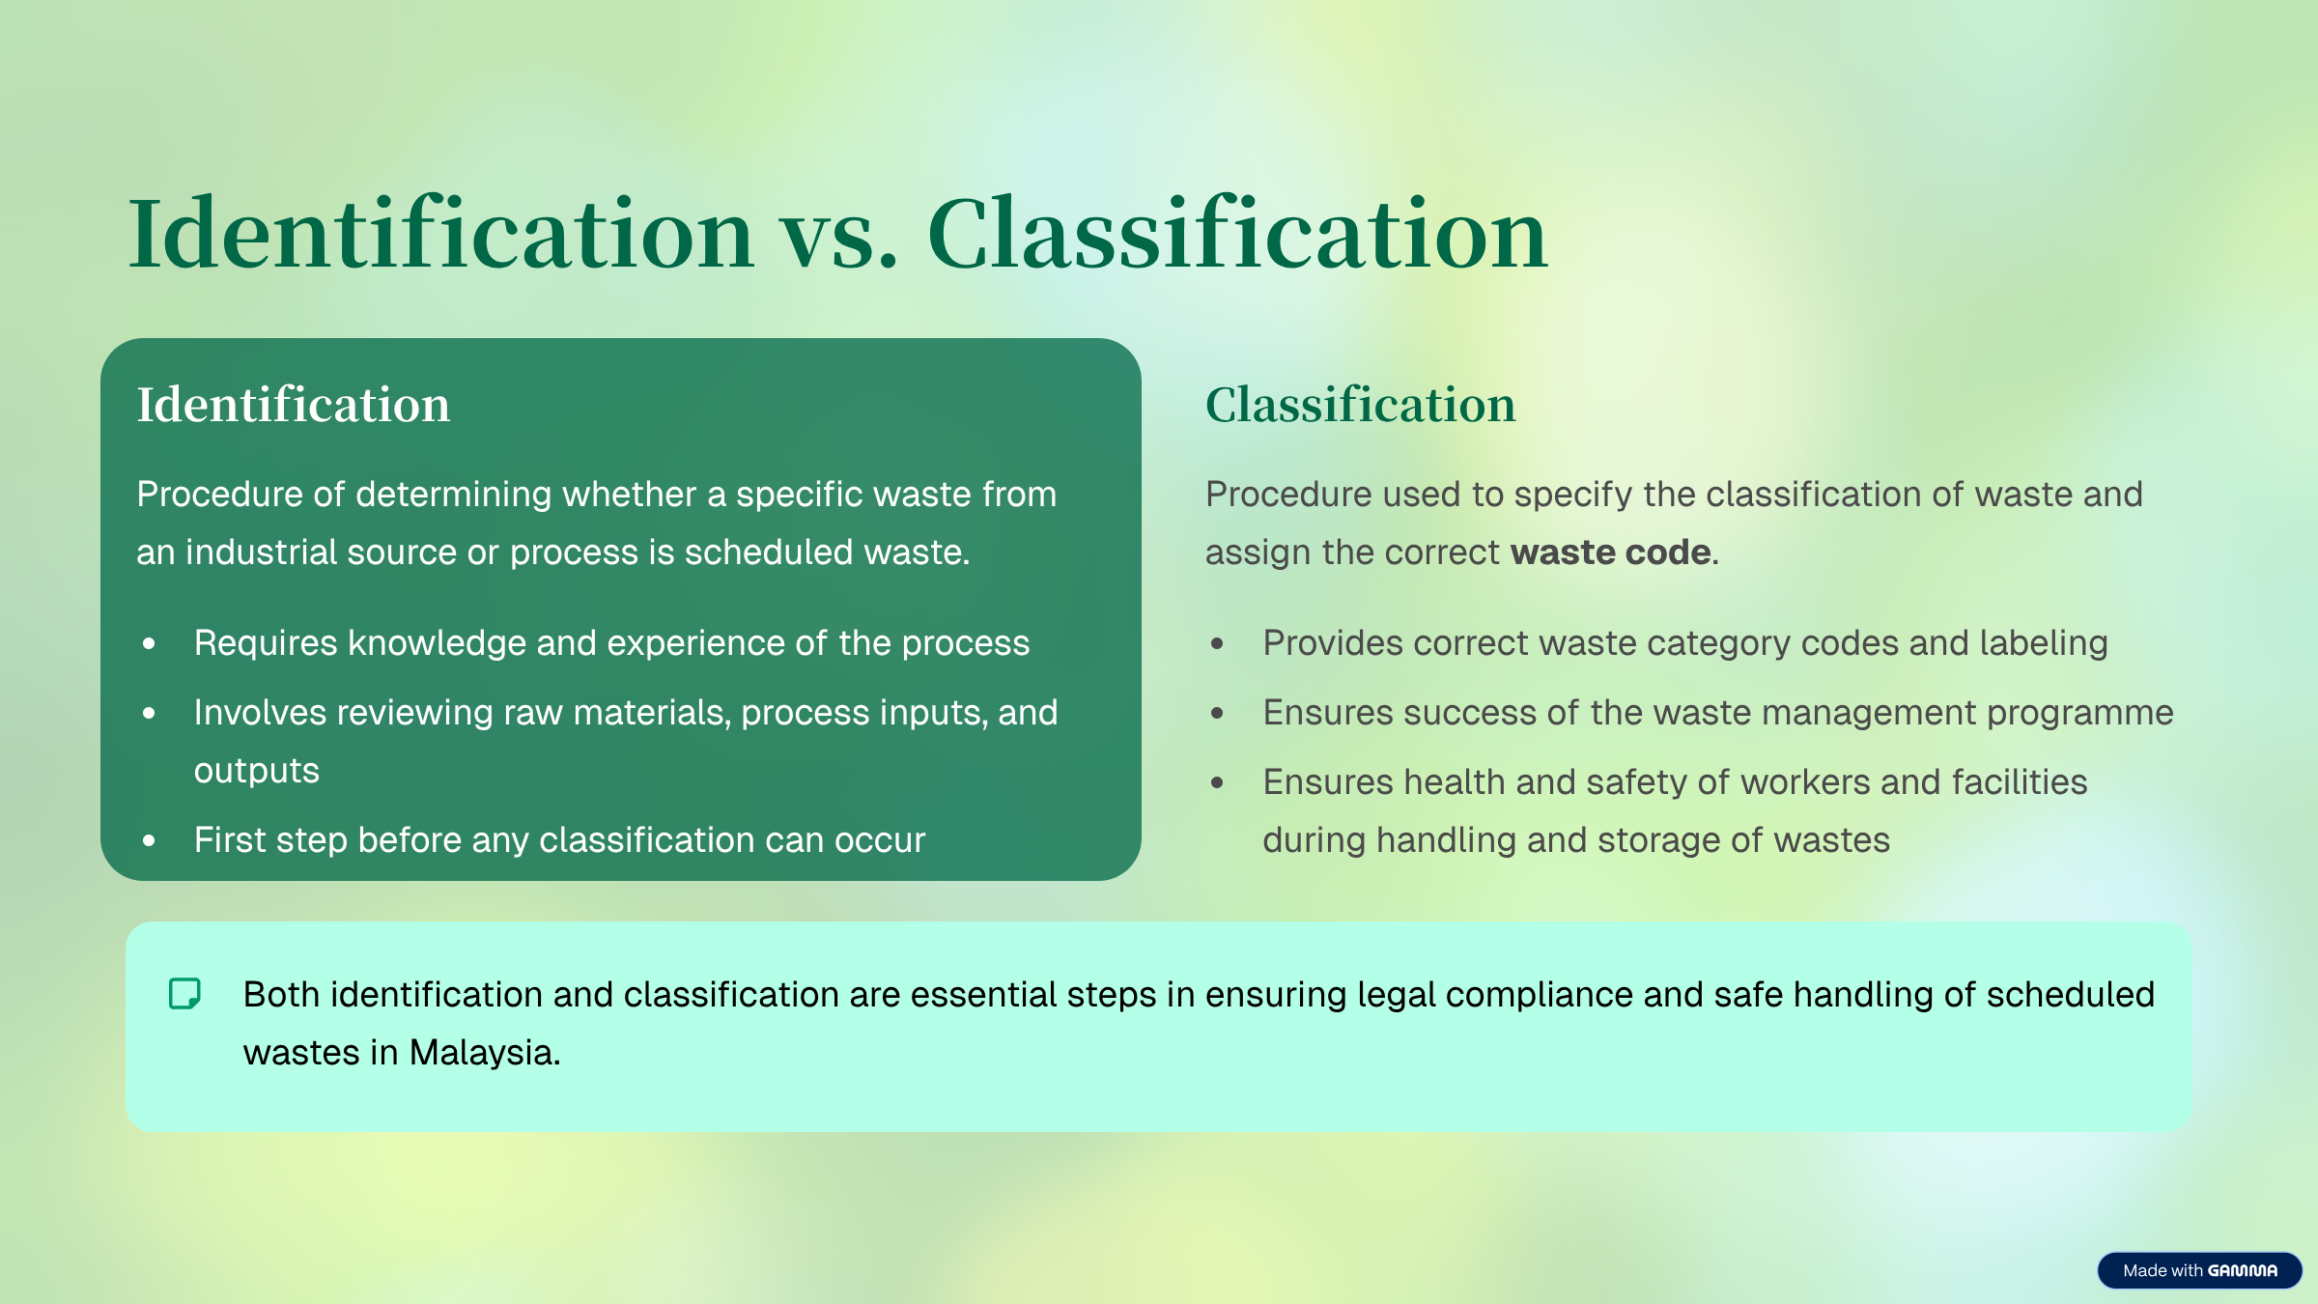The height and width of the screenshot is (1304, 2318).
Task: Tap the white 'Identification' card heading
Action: tap(294, 405)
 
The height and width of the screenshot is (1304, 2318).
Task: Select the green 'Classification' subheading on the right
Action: tap(1361, 405)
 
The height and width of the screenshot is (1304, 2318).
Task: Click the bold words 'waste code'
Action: tap(1611, 553)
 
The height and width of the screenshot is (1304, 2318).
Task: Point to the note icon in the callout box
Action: tap(184, 994)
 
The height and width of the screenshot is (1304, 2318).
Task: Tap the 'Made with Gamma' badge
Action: tap(2199, 1270)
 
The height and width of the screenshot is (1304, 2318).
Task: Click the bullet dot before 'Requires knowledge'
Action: tap(149, 643)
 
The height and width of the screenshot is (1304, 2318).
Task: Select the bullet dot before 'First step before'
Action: tap(149, 840)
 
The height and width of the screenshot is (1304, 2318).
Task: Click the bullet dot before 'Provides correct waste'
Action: tap(1217, 643)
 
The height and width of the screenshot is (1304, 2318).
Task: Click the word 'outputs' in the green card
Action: tap(257, 772)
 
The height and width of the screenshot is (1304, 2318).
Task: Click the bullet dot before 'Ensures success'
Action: tap(1217, 713)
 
